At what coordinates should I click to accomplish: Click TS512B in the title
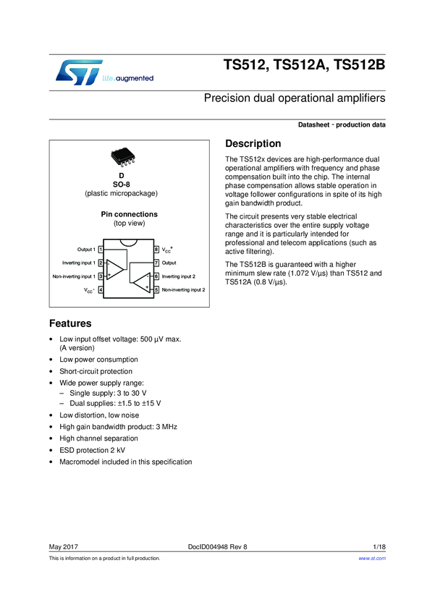click(x=359, y=65)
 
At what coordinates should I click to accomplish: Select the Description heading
click(x=253, y=144)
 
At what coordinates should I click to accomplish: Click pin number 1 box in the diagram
click(x=101, y=250)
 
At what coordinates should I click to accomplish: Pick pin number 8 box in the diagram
click(x=156, y=250)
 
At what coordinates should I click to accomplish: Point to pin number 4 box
click(x=101, y=289)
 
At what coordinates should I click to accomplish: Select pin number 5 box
click(x=156, y=289)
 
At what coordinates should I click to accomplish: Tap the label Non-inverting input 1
click(x=73, y=276)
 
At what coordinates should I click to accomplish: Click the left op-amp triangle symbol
click(x=116, y=268)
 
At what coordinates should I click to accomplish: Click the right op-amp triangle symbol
click(x=143, y=281)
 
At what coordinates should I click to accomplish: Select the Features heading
click(x=69, y=323)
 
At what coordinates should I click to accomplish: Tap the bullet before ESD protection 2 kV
click(x=49, y=450)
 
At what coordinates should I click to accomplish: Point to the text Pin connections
click(x=130, y=215)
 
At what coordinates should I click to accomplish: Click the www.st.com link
click(x=372, y=559)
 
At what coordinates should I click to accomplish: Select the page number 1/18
click(x=379, y=546)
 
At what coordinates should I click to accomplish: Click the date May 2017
click(x=63, y=546)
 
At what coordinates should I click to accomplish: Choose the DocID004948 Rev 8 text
click(x=217, y=546)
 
